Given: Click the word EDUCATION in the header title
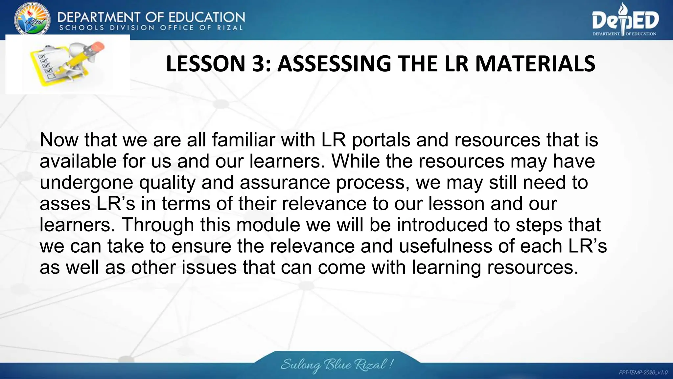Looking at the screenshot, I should [207, 17].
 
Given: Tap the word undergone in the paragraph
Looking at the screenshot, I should [86, 183].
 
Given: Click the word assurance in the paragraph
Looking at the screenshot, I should [285, 182].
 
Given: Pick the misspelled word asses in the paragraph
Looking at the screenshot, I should [65, 204].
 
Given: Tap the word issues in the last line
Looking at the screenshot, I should [209, 267].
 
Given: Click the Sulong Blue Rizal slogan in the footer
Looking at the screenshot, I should [337, 365].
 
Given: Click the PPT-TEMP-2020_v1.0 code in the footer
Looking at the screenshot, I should [643, 372].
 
